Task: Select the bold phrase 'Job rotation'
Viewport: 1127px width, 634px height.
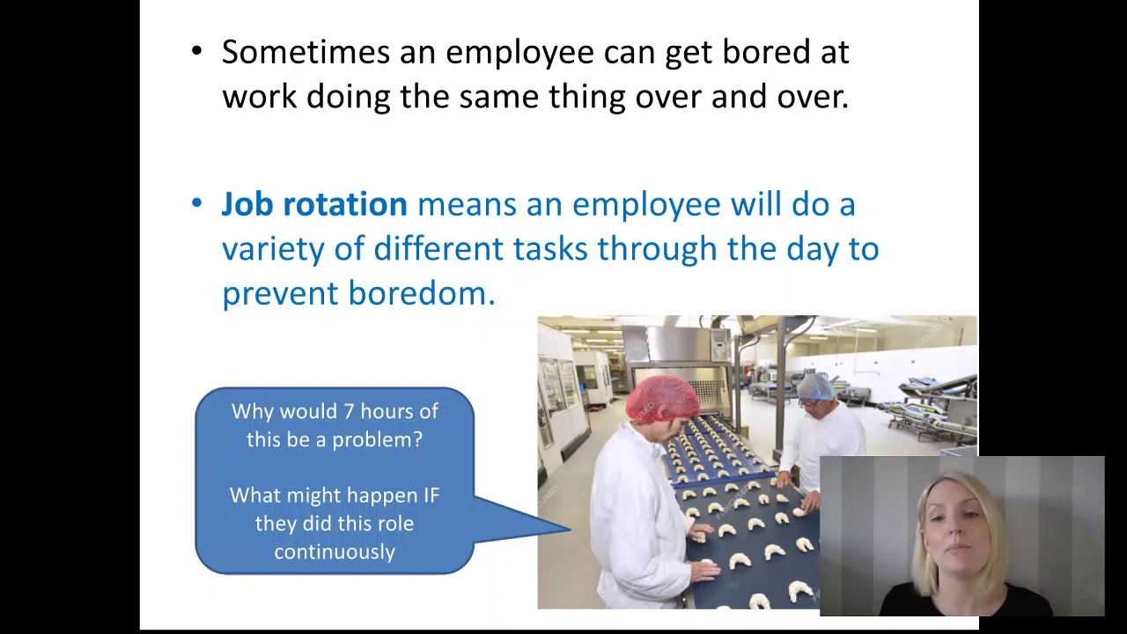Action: (x=314, y=205)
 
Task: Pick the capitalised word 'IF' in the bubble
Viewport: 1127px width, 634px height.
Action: (x=431, y=495)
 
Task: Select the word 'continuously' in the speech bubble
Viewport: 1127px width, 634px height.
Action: (x=335, y=552)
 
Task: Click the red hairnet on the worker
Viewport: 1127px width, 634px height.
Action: (x=663, y=398)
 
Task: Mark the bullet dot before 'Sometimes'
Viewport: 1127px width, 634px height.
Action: (x=196, y=52)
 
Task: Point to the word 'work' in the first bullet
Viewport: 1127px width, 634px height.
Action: (x=260, y=97)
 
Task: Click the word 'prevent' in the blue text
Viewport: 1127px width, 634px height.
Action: (x=280, y=293)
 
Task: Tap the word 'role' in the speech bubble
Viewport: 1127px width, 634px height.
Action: (x=396, y=524)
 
